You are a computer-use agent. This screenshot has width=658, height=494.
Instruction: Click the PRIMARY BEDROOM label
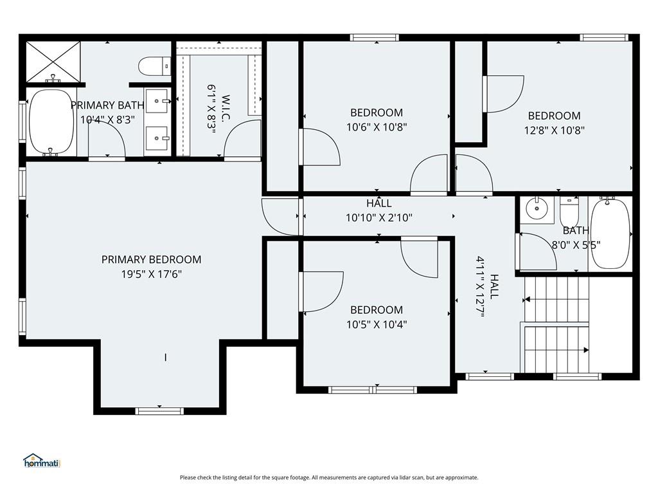(x=151, y=259)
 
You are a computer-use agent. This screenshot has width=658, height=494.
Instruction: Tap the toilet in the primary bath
(x=154, y=66)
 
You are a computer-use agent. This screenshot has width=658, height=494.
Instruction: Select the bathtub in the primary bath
(x=51, y=122)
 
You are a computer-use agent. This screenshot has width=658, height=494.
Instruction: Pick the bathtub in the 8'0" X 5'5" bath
(x=610, y=235)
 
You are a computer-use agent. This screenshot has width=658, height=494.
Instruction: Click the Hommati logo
(x=41, y=461)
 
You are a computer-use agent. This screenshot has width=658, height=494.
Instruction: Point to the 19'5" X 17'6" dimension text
(x=151, y=273)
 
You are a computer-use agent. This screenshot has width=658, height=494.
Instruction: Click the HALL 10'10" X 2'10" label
(x=379, y=211)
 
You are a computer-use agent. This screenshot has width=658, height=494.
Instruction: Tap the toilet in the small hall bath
(x=569, y=210)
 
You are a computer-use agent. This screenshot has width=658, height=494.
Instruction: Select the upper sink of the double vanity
(x=157, y=100)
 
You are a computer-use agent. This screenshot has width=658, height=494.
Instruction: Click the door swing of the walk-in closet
(x=242, y=140)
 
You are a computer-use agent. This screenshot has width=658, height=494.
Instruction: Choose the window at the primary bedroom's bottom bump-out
(x=160, y=410)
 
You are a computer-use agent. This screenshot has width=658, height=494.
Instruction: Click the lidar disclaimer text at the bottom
(x=329, y=477)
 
